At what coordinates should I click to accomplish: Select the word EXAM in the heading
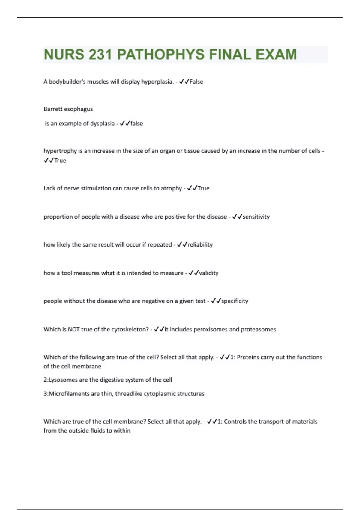(x=276, y=55)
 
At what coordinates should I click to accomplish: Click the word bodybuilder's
(x=67, y=82)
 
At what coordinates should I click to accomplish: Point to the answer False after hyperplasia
(x=196, y=82)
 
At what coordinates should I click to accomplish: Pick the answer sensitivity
(x=256, y=217)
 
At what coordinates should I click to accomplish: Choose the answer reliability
(x=200, y=245)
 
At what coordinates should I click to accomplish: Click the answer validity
(x=209, y=273)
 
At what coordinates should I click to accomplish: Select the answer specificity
(x=235, y=301)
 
